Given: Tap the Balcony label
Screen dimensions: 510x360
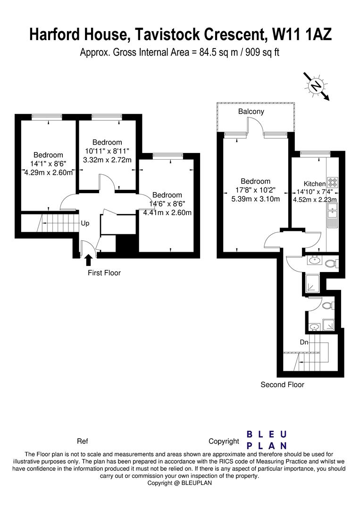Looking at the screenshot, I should [x=251, y=112].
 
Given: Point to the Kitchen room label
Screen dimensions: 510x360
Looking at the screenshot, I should [x=314, y=184].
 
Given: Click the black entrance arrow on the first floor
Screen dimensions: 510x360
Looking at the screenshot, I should [x=88, y=260].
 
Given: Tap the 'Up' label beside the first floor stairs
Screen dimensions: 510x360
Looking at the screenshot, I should [x=85, y=223].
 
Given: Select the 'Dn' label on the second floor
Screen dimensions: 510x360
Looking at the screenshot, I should [x=304, y=342].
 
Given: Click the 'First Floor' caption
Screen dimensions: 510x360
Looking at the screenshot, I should [x=104, y=273].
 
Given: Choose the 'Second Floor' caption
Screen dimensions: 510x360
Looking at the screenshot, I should [x=282, y=385].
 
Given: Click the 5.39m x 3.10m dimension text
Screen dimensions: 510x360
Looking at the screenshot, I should [x=255, y=199].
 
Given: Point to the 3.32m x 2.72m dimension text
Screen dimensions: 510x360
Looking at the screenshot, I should [x=107, y=160].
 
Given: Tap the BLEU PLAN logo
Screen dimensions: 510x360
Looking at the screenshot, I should [x=267, y=440].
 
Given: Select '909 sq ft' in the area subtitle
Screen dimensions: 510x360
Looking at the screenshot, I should [x=260, y=52].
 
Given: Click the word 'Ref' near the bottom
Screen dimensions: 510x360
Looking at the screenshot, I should [x=83, y=442].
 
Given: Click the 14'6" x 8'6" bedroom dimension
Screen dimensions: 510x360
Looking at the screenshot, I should [x=167, y=204].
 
